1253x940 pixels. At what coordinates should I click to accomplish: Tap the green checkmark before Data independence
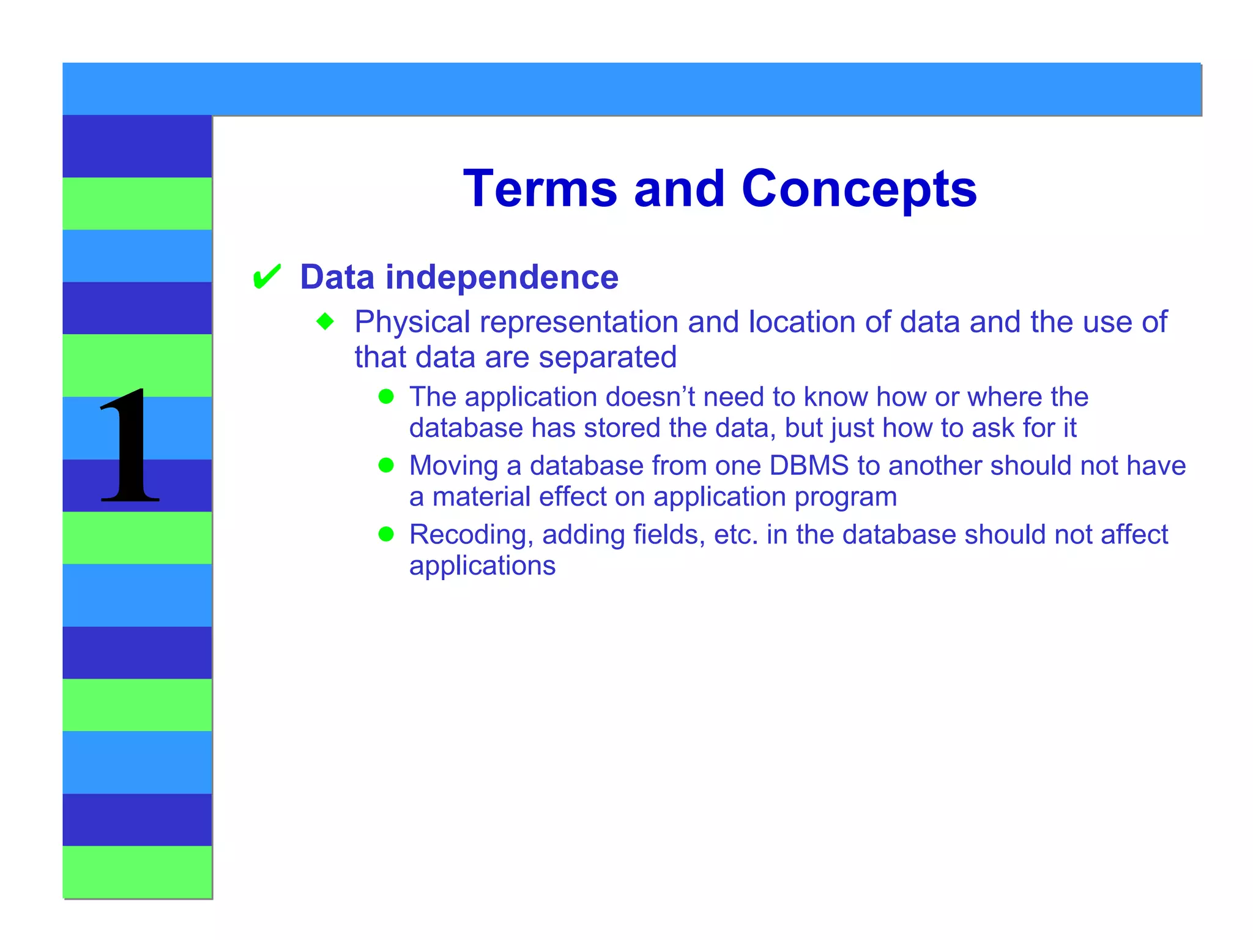coord(267,277)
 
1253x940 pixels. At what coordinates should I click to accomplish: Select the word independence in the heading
coord(502,277)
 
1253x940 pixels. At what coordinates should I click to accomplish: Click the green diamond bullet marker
coord(325,321)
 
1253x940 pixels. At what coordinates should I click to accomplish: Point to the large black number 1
coord(130,447)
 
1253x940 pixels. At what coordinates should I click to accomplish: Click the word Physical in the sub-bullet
coord(412,322)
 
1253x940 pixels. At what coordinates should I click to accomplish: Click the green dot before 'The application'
coord(386,397)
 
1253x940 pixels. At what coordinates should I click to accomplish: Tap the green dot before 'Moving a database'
coord(386,466)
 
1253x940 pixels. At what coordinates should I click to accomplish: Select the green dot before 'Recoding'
coord(386,534)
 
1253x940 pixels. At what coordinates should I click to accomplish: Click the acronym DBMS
coord(809,466)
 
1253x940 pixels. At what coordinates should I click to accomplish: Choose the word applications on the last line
coord(482,566)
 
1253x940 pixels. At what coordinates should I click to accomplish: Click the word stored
coord(622,428)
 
